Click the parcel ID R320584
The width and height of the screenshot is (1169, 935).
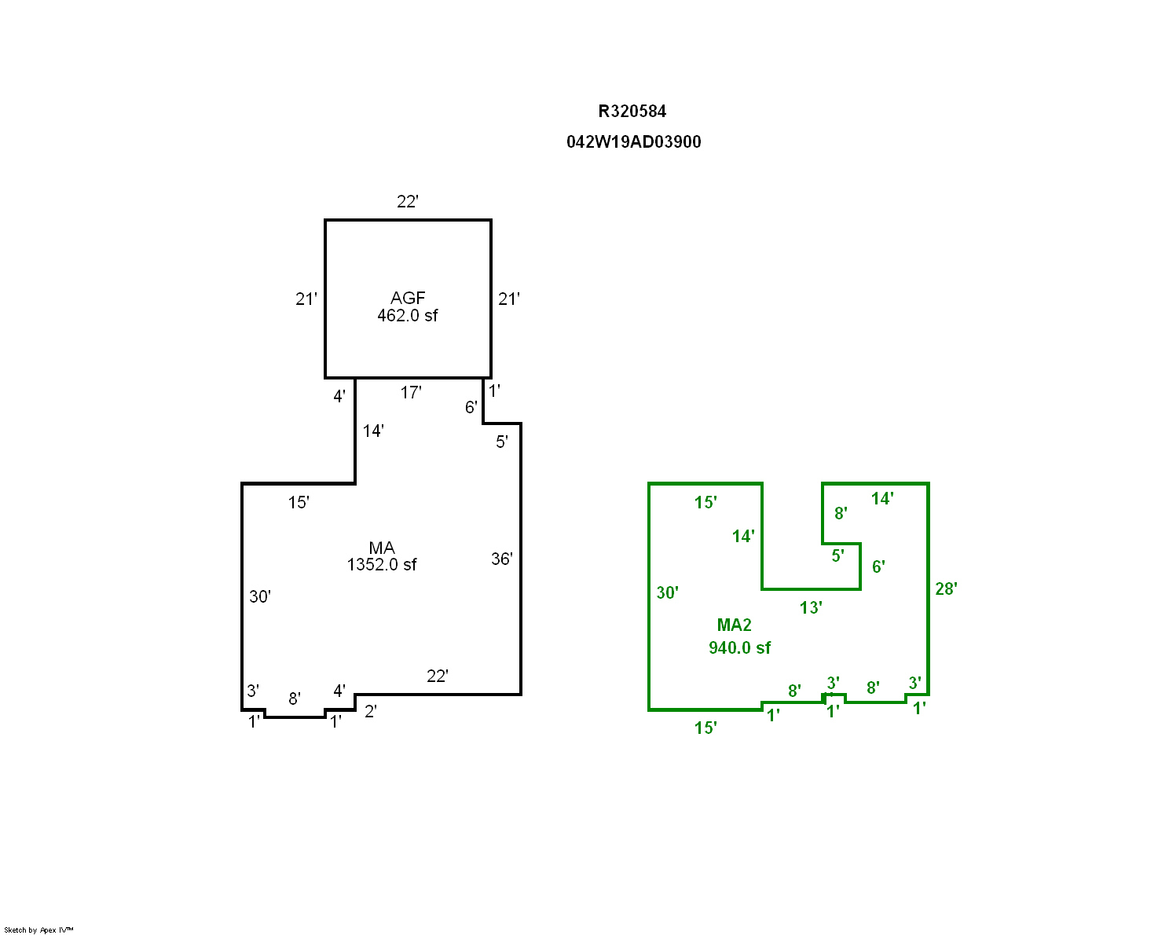click(x=632, y=112)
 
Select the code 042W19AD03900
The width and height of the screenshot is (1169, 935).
click(x=633, y=141)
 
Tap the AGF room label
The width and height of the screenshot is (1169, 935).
click(x=408, y=298)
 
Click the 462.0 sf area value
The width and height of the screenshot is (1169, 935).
click(x=408, y=315)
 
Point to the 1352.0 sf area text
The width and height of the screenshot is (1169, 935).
click(x=382, y=564)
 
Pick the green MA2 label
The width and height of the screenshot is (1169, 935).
click(x=734, y=625)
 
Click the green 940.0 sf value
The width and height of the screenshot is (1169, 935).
click(x=739, y=647)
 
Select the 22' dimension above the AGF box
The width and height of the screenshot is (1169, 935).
click(x=408, y=202)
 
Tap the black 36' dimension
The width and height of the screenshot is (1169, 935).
click(x=501, y=559)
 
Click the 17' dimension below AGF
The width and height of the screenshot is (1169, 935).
click(x=411, y=392)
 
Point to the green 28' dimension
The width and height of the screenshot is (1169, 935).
click(x=946, y=589)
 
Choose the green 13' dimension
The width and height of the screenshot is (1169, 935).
click(x=811, y=607)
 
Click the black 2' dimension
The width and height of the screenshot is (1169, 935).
click(x=371, y=711)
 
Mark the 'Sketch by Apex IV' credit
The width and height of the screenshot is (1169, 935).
click(x=38, y=929)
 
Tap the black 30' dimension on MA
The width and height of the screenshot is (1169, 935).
click(x=260, y=596)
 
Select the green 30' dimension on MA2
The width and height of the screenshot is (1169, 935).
click(x=667, y=592)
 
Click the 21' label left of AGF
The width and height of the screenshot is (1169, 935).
click(x=306, y=299)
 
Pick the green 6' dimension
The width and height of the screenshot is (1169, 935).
click(x=878, y=567)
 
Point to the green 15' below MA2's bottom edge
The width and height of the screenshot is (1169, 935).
click(x=705, y=728)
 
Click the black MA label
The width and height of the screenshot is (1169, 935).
click(x=382, y=548)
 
